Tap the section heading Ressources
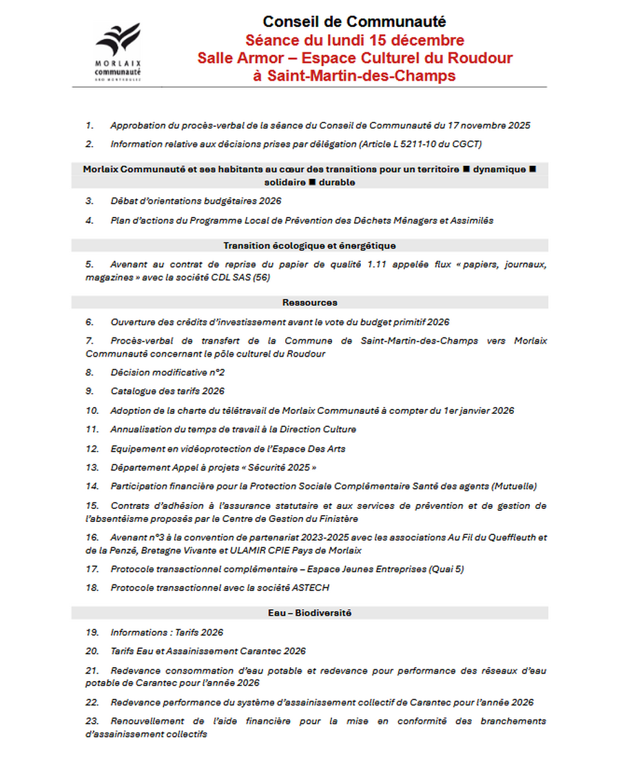(309, 302)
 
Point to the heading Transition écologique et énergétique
(309, 245)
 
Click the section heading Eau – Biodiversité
(309, 613)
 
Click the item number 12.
(92, 449)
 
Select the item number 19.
(92, 632)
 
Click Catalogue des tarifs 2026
(167, 391)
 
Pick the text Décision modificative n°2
(167, 373)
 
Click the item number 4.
(90, 220)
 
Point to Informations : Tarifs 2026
(167, 632)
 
